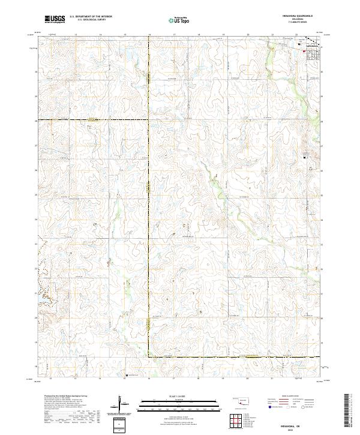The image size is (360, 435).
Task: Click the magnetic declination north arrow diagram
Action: [x=122, y=403]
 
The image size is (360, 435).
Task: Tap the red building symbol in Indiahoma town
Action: [x=304, y=52]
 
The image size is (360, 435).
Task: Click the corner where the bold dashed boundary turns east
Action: [x=149, y=358]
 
